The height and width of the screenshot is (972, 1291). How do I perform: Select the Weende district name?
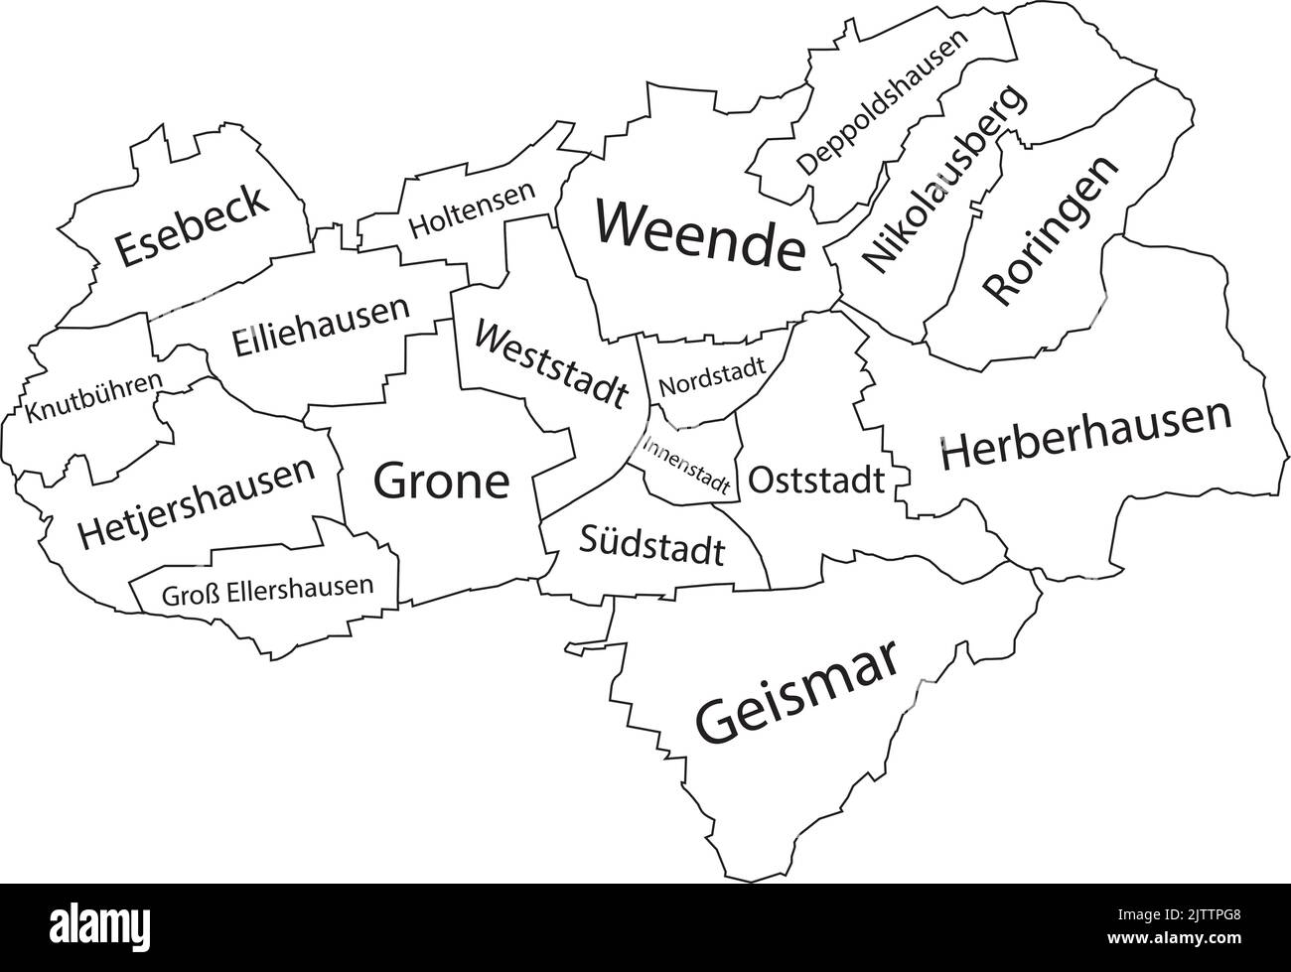(700, 236)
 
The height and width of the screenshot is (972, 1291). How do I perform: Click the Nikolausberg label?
(942, 180)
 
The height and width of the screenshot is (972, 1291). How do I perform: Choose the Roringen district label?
(1052, 231)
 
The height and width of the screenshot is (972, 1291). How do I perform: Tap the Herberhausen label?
(1085, 436)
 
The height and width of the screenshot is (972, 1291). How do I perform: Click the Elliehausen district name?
(321, 327)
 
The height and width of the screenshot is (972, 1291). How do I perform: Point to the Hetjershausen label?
(198, 502)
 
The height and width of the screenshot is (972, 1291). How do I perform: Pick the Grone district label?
(441, 482)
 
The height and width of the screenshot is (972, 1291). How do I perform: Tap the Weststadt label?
(551, 362)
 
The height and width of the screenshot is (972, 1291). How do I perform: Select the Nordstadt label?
(712, 376)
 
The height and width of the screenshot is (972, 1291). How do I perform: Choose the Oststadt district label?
(815, 481)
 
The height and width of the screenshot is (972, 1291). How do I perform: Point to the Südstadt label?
(651, 545)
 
